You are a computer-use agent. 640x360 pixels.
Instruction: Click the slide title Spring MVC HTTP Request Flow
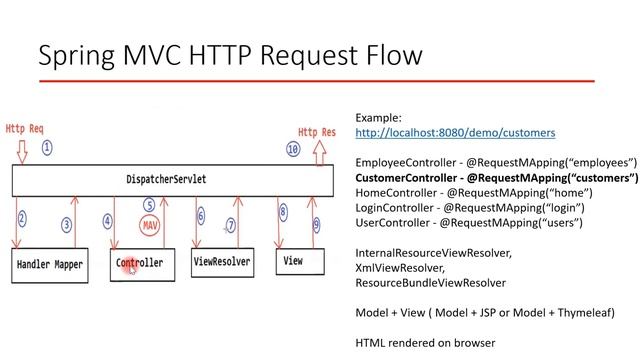tap(229, 54)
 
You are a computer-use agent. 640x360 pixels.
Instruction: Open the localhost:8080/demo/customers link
tap(455, 132)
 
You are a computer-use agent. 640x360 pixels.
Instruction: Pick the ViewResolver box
tap(222, 261)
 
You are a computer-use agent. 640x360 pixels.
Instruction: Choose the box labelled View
tap(295, 261)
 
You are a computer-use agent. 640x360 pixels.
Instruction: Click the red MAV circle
tap(151, 226)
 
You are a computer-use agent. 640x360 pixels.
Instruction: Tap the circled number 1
tap(47, 147)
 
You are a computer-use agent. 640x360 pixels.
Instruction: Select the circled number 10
tap(293, 148)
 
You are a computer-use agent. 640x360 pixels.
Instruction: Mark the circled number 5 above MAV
tap(149, 205)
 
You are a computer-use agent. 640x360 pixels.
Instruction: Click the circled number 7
tap(231, 226)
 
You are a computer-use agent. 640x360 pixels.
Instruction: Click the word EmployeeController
tap(404, 162)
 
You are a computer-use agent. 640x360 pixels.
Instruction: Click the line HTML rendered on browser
tap(425, 343)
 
